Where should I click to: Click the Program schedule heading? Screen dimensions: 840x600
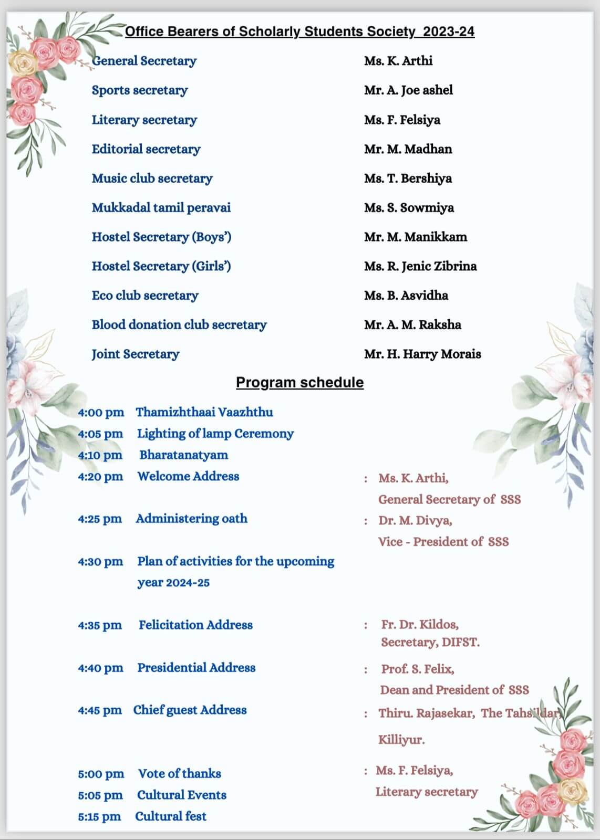click(299, 382)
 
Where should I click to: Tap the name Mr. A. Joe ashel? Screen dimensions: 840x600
click(408, 90)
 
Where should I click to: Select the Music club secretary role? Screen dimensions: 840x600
click(152, 178)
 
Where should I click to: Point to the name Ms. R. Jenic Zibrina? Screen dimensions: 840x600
click(420, 266)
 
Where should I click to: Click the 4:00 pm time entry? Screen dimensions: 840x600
click(101, 413)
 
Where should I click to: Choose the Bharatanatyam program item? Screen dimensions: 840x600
click(183, 455)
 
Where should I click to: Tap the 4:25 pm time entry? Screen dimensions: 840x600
click(100, 519)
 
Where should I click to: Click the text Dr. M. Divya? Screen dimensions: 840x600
click(415, 521)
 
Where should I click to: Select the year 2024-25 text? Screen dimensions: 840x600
click(173, 583)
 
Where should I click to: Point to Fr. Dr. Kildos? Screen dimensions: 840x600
click(420, 625)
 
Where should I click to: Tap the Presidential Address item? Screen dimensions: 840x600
click(196, 668)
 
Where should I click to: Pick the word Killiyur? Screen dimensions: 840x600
click(401, 740)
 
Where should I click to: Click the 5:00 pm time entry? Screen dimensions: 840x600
click(101, 774)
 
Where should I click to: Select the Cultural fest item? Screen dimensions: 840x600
click(171, 816)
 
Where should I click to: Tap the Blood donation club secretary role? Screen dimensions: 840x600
click(179, 325)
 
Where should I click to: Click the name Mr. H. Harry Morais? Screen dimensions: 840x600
click(422, 354)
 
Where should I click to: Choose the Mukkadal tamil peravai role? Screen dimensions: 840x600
click(161, 208)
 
